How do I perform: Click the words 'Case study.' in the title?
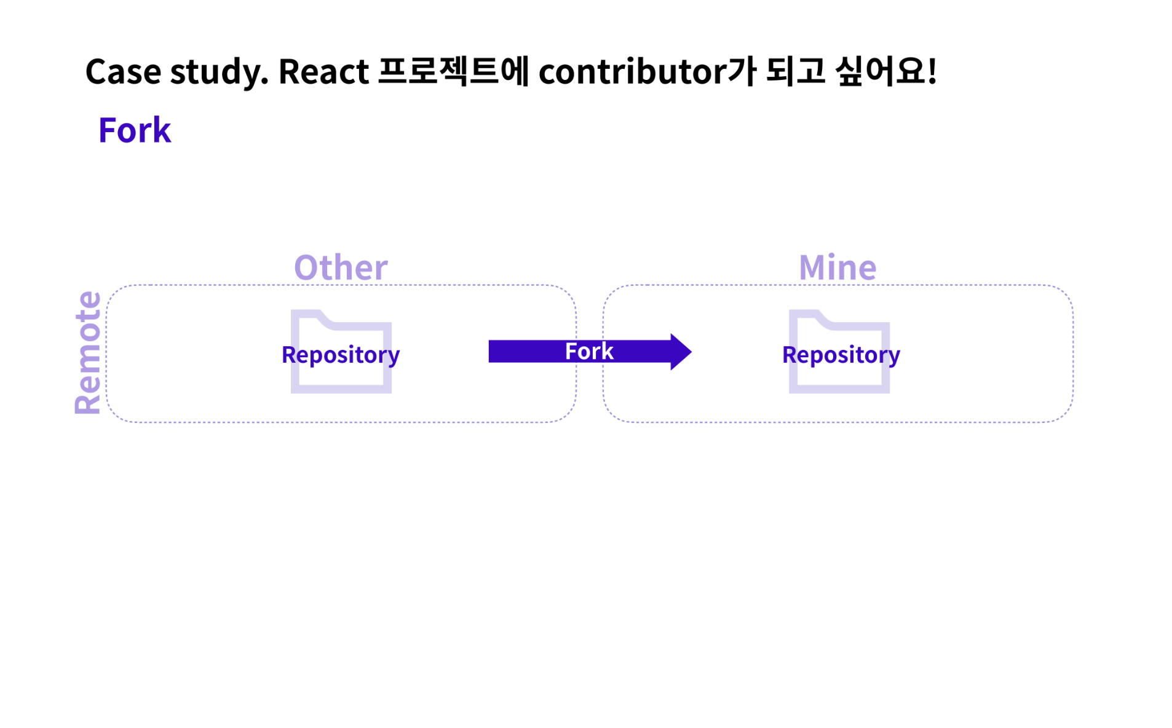pyautogui.click(x=176, y=72)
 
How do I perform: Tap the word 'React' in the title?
pyautogui.click(x=323, y=72)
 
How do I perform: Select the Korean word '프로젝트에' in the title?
pyautogui.click(x=453, y=71)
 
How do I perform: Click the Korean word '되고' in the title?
pyautogui.click(x=794, y=71)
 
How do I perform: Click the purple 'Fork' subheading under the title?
pyautogui.click(x=134, y=130)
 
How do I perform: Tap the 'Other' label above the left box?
pyautogui.click(x=340, y=267)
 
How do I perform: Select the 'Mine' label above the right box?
pyautogui.click(x=837, y=267)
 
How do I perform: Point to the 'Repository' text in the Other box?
pyautogui.click(x=340, y=355)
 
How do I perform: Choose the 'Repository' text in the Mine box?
pyautogui.click(x=841, y=355)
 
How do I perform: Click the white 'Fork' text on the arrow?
pyautogui.click(x=588, y=352)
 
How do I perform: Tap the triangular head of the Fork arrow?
pyautogui.click(x=679, y=352)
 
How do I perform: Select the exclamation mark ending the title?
pyautogui.click(x=932, y=71)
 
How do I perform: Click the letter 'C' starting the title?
pyautogui.click(x=96, y=72)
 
